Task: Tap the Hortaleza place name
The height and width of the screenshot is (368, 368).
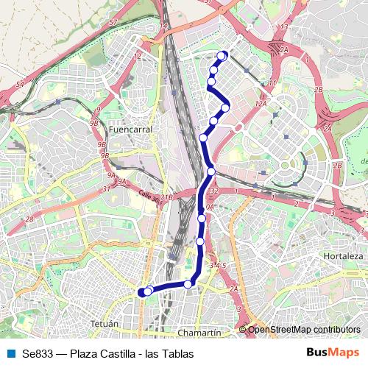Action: tap(343, 255)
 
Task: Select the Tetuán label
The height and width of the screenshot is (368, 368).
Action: tap(104, 324)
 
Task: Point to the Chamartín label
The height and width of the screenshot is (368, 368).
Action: tap(199, 333)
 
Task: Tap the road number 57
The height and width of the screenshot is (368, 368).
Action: tap(113, 24)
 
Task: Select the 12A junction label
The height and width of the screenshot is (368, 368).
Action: tap(260, 105)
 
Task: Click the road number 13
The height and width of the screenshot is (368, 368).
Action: tap(251, 26)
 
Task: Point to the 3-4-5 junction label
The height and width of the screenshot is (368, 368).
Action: tap(216, 265)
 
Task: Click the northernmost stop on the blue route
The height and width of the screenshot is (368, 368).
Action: tap(223, 55)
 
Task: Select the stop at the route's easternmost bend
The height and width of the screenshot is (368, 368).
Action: tap(225, 107)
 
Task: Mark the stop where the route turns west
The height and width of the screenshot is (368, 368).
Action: tap(188, 283)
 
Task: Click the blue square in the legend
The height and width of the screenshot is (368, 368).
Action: tap(12, 353)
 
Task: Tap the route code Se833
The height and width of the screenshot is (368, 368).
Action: tap(38, 353)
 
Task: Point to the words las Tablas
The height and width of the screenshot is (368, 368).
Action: tap(169, 353)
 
